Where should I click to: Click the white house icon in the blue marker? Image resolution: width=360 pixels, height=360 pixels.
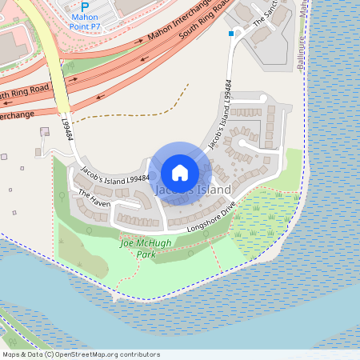click(x=180, y=172)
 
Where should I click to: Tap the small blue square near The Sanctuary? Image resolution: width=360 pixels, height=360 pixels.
click(x=231, y=34)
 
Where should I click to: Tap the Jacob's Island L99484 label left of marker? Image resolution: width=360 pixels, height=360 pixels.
click(x=114, y=175)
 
